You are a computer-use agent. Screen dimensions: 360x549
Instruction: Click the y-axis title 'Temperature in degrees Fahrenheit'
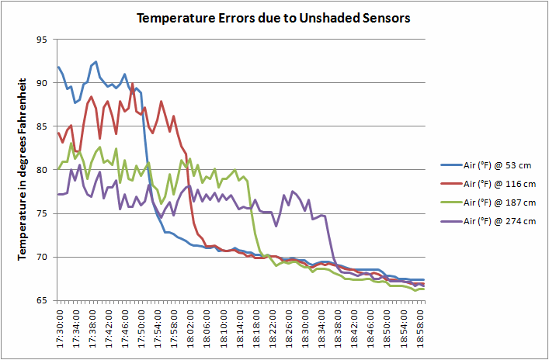[23, 168]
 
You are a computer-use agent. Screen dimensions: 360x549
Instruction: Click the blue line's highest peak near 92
[96, 62]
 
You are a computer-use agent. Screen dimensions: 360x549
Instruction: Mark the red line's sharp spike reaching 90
[133, 84]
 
